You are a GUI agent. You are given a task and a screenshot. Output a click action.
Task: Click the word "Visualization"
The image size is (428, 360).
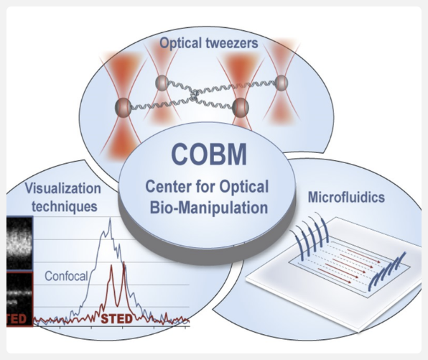pyautogui.click(x=61, y=190)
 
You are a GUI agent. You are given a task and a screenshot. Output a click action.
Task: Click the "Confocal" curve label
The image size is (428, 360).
pyautogui.click(x=66, y=275)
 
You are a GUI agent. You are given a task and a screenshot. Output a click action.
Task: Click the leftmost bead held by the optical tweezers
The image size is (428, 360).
pyautogui.click(x=124, y=108)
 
